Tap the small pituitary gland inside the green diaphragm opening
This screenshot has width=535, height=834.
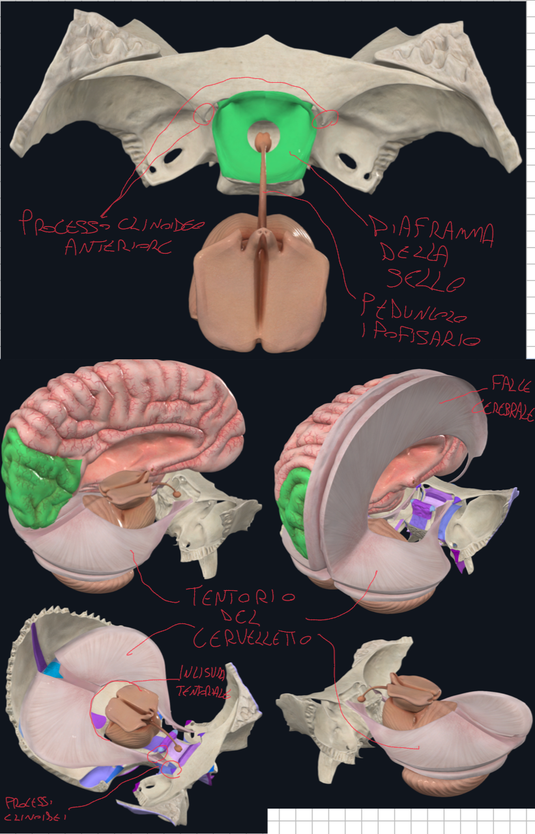pos(262,138)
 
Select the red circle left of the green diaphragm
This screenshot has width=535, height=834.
pos(204,115)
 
